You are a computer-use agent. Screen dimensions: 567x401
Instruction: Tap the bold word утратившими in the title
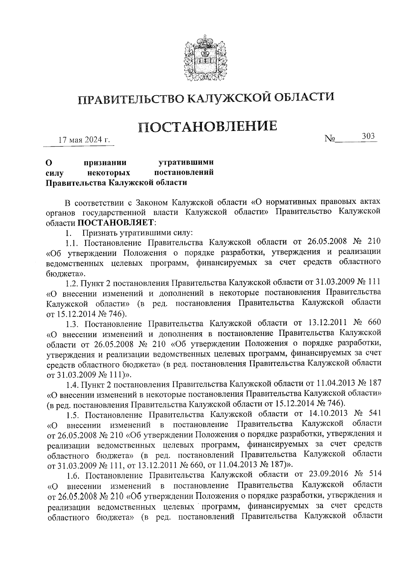tap(186, 163)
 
